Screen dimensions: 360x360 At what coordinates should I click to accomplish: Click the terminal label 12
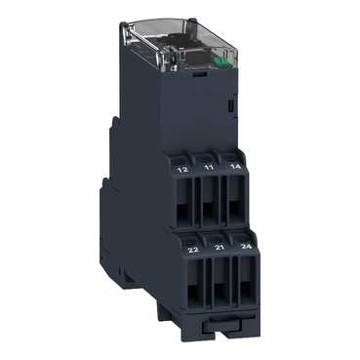[182, 168]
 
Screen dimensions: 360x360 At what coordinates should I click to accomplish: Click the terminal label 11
[207, 168]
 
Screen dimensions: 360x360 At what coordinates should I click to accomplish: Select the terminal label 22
[182, 250]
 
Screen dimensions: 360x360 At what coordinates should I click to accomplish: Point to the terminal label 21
[207, 250]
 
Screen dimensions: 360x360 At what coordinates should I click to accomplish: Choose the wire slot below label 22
[183, 287]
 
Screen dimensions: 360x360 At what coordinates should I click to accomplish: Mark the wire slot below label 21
[207, 287]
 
